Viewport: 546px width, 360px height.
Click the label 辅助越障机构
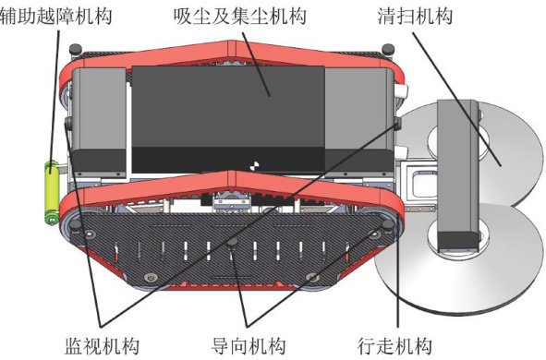click(x=55, y=17)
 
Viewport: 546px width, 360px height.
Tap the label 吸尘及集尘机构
click(x=240, y=17)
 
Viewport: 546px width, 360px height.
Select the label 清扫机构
click(x=415, y=17)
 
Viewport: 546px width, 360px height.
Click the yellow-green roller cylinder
click(x=52, y=192)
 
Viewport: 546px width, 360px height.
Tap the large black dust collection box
click(x=228, y=119)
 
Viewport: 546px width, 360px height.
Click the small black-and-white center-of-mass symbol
click(x=255, y=166)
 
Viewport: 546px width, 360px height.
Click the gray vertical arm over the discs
click(x=457, y=175)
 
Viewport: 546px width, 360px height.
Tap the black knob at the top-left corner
click(x=75, y=50)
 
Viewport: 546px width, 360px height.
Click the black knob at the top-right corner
click(x=388, y=50)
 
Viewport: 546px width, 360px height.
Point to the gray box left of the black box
click(x=99, y=123)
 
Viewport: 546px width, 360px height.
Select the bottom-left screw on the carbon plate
click(x=151, y=278)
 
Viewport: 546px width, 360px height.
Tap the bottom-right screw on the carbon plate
click(x=312, y=278)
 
